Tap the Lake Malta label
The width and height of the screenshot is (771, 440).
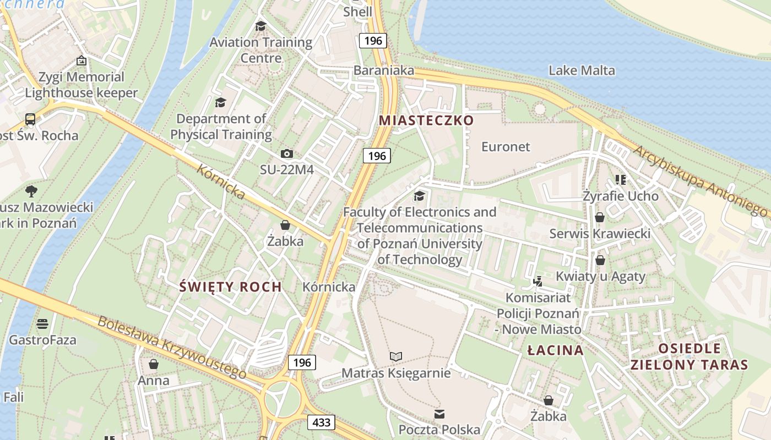pos(582,70)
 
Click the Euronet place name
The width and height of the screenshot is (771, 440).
pos(506,147)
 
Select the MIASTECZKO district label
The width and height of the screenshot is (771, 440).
pos(426,120)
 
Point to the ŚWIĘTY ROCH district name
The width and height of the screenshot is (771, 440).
pos(231,287)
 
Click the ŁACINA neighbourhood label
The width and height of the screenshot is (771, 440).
pos(555,350)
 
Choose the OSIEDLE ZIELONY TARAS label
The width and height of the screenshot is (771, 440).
pos(689,356)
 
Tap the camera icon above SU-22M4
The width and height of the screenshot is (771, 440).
pos(286,154)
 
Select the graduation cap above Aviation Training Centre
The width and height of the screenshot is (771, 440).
pos(260,26)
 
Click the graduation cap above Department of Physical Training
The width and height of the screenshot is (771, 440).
pos(220,102)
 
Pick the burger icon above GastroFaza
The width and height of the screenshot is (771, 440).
pos(42,324)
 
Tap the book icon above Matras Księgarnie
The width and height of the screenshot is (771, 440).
pos(396,357)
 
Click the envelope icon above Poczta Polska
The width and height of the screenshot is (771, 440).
pos(439,414)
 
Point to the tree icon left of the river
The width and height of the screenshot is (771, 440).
pos(31,191)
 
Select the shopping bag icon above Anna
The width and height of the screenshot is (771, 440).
pos(154,364)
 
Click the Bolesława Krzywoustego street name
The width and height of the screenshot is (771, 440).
pos(172,347)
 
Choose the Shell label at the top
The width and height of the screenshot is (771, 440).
pos(357,12)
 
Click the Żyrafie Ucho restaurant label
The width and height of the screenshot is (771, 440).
pos(621,196)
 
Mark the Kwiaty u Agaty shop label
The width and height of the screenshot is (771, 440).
pos(600,276)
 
